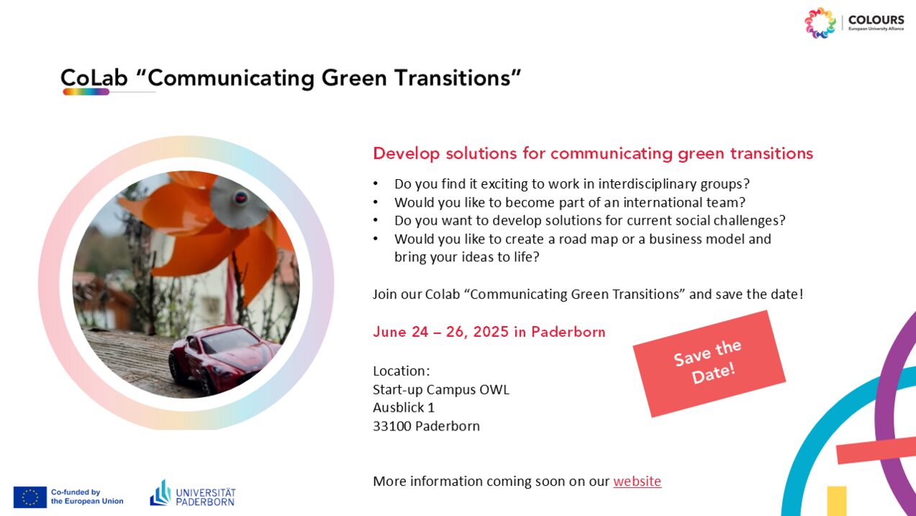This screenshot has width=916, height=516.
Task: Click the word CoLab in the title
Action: click(x=94, y=78)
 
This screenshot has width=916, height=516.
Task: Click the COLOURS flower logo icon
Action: click(x=820, y=23)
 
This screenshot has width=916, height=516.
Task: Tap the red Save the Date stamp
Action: click(x=709, y=363)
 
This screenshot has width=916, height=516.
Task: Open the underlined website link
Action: click(x=637, y=481)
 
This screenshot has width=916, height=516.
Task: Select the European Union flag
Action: click(x=30, y=497)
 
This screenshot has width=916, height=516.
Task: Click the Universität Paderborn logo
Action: click(x=193, y=494)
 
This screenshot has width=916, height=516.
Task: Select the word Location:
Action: click(x=402, y=371)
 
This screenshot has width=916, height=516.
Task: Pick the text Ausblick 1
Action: click(x=404, y=407)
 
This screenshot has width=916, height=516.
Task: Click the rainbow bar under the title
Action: click(x=86, y=92)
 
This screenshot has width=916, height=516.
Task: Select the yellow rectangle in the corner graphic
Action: click(x=837, y=501)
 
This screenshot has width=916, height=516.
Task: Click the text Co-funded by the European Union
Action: click(x=87, y=497)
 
